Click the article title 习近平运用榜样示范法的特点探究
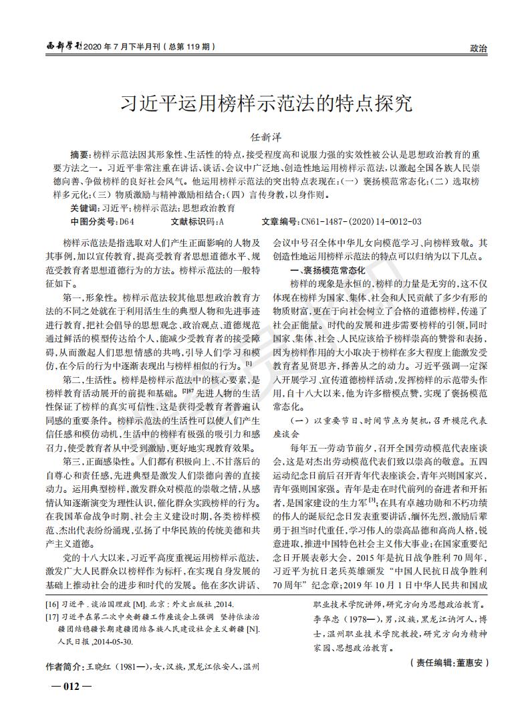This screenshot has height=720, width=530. point(265,104)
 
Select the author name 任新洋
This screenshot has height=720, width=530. point(265,137)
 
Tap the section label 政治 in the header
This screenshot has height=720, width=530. point(479,48)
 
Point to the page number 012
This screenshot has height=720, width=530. point(66,687)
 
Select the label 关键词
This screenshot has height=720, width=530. point(82,209)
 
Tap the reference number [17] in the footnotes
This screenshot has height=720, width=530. point(52,617)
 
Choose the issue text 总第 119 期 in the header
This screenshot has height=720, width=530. point(191,47)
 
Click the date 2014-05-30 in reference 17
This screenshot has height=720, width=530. point(115,642)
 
